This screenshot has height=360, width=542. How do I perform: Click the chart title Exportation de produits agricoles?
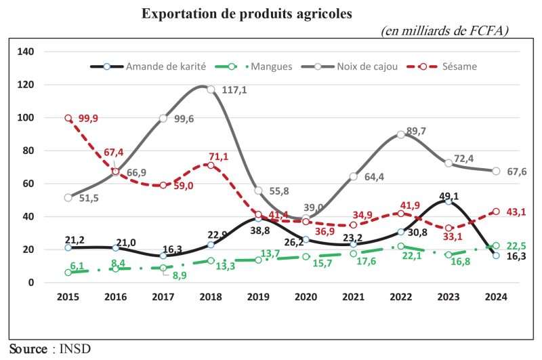coord(247,14)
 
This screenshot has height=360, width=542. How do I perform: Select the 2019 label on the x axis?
coord(258,296)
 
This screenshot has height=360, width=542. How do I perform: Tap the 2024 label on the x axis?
coord(497,296)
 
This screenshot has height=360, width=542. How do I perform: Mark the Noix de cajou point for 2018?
coord(211,89)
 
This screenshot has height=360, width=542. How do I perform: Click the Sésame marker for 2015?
coord(68,118)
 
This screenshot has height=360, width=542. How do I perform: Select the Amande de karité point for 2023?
coord(449,201)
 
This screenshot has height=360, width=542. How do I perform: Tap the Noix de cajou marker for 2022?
coord(401,134)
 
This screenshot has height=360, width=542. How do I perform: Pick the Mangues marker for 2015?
coord(68,273)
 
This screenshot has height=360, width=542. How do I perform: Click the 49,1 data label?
coord(451,191)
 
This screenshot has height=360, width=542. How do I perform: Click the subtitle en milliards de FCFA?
coord(444,31)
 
